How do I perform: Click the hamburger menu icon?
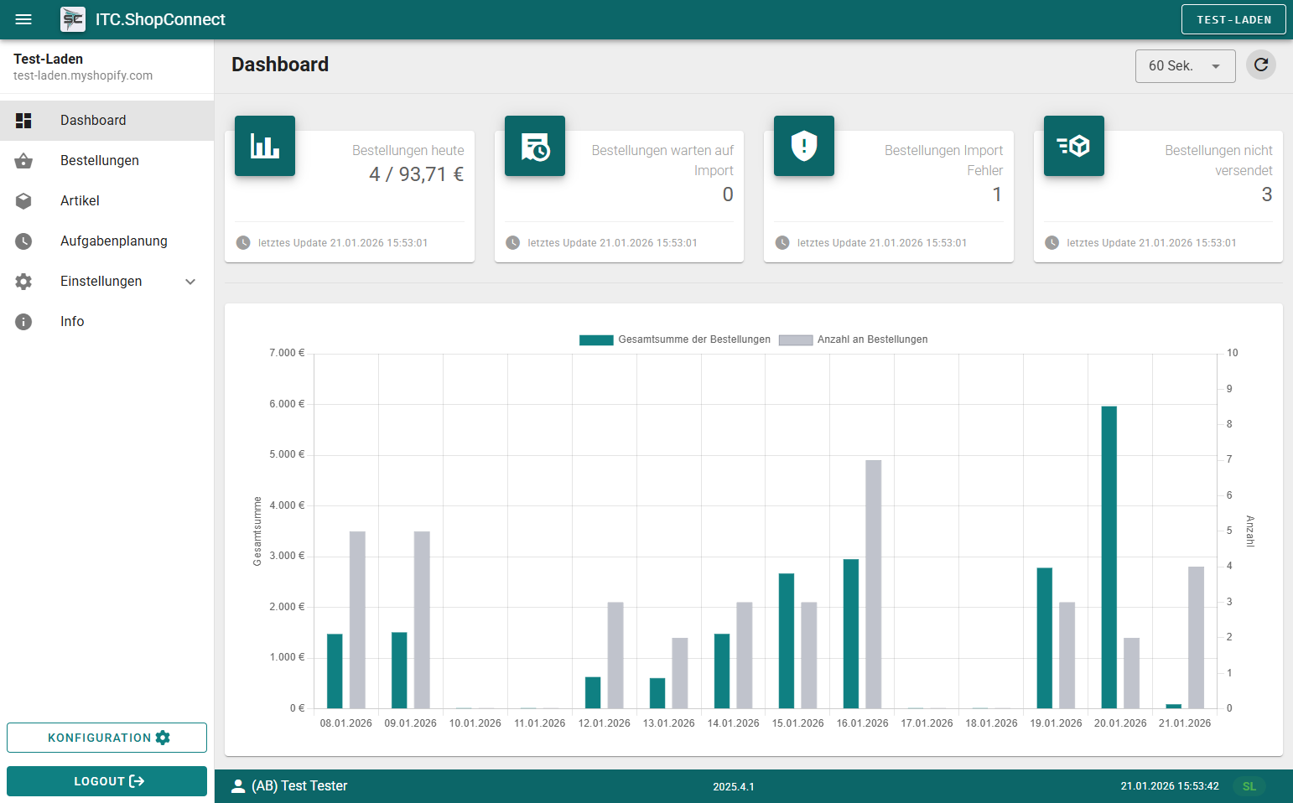click(x=23, y=19)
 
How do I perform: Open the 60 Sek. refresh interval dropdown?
click(x=1185, y=66)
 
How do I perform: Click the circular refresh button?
click(x=1260, y=65)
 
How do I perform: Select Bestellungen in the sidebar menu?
click(x=99, y=161)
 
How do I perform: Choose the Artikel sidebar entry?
click(x=80, y=201)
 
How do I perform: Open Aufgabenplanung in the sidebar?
click(x=113, y=241)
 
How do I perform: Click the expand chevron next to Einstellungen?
click(x=190, y=282)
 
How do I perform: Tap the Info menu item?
click(x=72, y=322)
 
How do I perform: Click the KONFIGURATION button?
click(x=106, y=738)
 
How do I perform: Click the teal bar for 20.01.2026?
click(x=1109, y=557)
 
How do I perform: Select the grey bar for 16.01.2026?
click(x=873, y=584)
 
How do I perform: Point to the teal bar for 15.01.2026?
click(x=786, y=640)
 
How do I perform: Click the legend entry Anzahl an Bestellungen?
click(x=854, y=339)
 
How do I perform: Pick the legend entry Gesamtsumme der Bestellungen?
click(x=675, y=339)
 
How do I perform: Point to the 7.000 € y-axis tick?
click(x=287, y=353)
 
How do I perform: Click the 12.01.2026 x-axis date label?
click(x=604, y=723)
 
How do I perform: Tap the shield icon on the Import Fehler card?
click(x=803, y=146)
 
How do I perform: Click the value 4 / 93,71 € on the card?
click(x=416, y=174)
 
